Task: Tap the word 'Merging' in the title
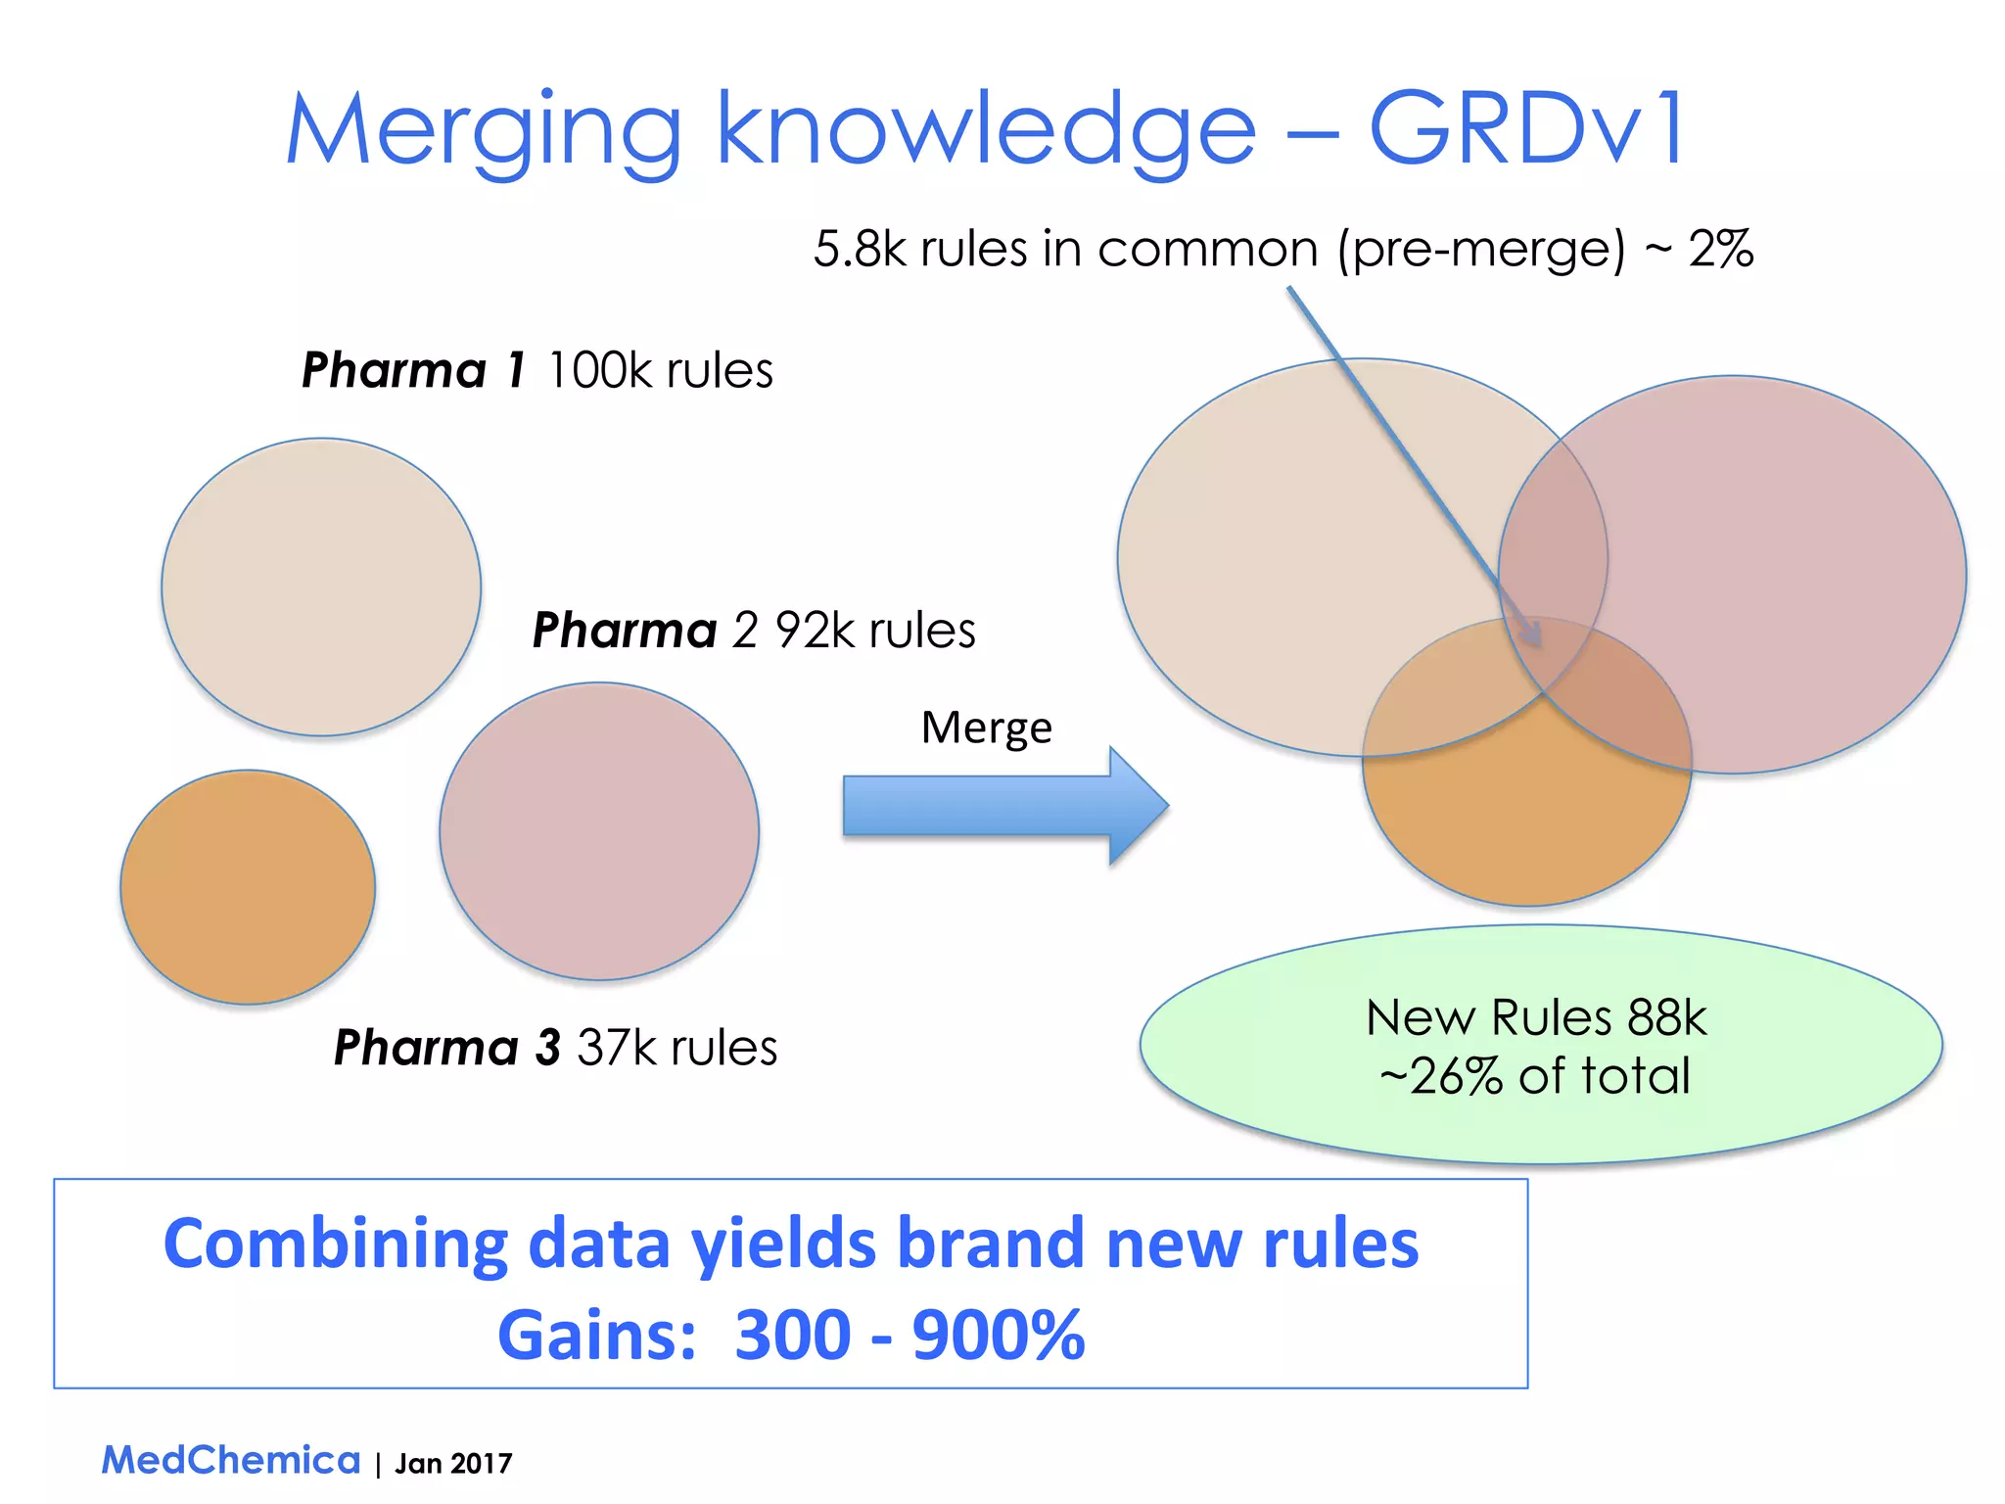point(482,132)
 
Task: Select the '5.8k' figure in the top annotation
point(860,249)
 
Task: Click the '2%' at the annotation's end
point(1720,249)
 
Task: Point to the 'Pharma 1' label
point(413,370)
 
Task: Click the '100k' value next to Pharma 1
point(599,370)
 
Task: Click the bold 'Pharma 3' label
point(446,1048)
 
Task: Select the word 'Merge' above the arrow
point(986,728)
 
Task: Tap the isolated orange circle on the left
point(248,887)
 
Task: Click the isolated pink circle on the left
point(599,831)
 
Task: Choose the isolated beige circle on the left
point(321,587)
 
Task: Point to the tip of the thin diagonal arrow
point(1540,643)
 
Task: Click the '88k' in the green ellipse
point(1667,1017)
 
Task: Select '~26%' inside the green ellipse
point(1440,1076)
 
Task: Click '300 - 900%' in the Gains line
point(909,1335)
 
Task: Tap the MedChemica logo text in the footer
point(231,1460)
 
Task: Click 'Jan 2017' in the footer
point(453,1463)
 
